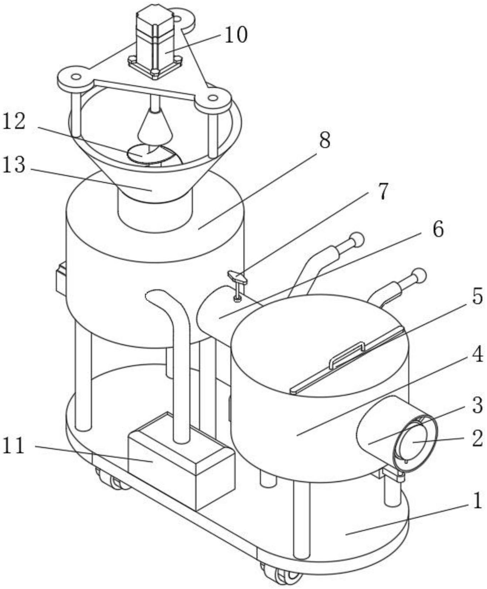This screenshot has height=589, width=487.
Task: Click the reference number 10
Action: pos(236,35)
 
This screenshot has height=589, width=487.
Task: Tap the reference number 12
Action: pos(14,121)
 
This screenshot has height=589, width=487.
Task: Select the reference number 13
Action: pos(14,165)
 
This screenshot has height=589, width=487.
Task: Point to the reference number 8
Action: pos(324,141)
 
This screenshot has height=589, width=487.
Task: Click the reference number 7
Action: pos(383,192)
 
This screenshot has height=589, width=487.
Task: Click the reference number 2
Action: pos(477,439)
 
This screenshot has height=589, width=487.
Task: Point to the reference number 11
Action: pos(14,446)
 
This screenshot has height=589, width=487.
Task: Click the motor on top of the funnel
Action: pos(154,39)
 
